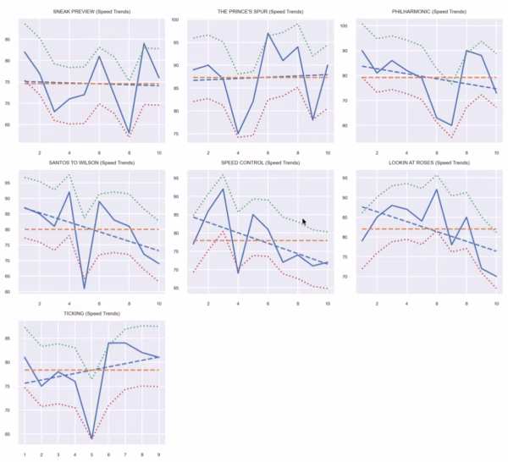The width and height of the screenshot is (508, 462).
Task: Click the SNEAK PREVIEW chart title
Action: [92, 13]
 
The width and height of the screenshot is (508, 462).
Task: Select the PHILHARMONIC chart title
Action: [429, 13]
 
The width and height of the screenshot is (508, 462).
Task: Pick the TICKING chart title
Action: [92, 314]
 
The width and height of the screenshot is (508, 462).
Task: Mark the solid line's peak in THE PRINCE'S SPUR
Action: [268, 34]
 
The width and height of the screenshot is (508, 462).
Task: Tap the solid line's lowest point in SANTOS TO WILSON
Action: [84, 289]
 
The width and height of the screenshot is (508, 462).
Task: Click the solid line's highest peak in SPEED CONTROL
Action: [223, 188]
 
